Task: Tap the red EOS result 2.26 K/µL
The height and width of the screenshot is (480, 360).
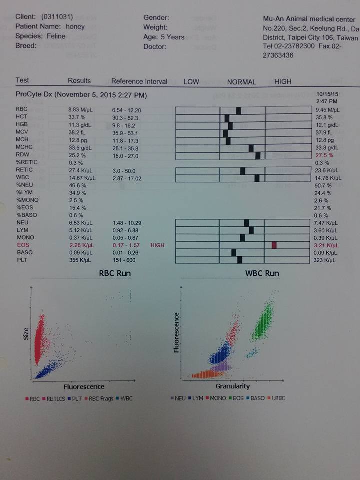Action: point(81,245)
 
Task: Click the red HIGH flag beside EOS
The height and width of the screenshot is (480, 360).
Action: point(157,245)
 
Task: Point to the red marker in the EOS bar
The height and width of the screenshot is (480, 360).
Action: point(274,245)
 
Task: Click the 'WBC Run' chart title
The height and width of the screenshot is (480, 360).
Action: point(262,273)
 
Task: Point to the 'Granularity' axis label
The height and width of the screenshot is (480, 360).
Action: point(232,386)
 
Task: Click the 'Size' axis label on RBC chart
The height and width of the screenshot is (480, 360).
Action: point(26,334)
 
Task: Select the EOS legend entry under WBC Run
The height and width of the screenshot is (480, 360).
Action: point(237,398)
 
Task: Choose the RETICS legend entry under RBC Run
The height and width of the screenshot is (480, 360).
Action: point(55,398)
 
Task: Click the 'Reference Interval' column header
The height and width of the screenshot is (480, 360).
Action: point(139,81)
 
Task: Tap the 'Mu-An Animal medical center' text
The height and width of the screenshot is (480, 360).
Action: point(309,19)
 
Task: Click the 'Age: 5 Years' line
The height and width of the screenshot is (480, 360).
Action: point(164,37)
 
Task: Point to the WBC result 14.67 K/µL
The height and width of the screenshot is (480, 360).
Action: point(81,178)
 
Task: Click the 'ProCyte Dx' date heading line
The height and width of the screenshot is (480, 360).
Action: point(81,95)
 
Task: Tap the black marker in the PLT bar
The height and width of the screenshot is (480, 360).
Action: point(240,260)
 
